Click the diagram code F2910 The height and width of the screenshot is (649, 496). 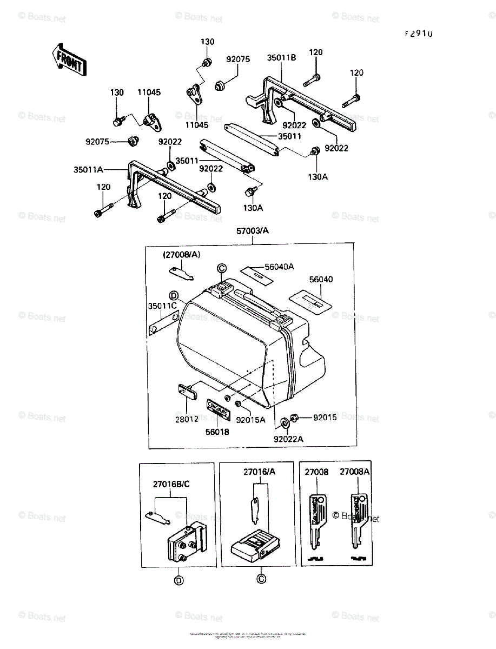pos(419,34)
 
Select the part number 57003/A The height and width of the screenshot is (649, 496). pos(252,231)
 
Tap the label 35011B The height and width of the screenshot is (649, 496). pos(281,58)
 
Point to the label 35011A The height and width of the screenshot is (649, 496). pos(88,169)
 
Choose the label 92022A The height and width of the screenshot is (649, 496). pos(288,439)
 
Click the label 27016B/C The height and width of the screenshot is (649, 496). pos(171,484)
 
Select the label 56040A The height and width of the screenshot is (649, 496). pos(279,266)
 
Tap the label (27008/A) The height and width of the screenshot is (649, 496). pos(182,254)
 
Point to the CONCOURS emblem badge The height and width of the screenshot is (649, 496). pos(218,409)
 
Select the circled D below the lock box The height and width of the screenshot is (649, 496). pos(178,580)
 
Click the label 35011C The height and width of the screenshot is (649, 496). pos(162,306)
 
